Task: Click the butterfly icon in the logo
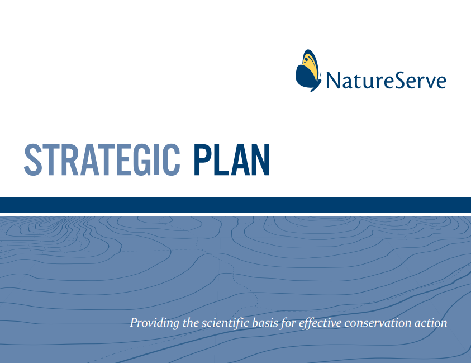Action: pos(308,70)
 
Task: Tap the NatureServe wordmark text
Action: pos(386,81)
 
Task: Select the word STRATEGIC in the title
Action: pos(102,160)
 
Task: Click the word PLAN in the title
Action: pos(231,160)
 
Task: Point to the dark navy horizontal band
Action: pos(236,205)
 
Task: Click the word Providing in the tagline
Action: pos(154,323)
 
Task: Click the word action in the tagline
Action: pos(431,323)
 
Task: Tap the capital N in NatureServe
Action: pos(334,81)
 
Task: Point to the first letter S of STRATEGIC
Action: pos(33,160)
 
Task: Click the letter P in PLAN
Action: pos(202,160)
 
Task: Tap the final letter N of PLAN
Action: pos(260,160)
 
